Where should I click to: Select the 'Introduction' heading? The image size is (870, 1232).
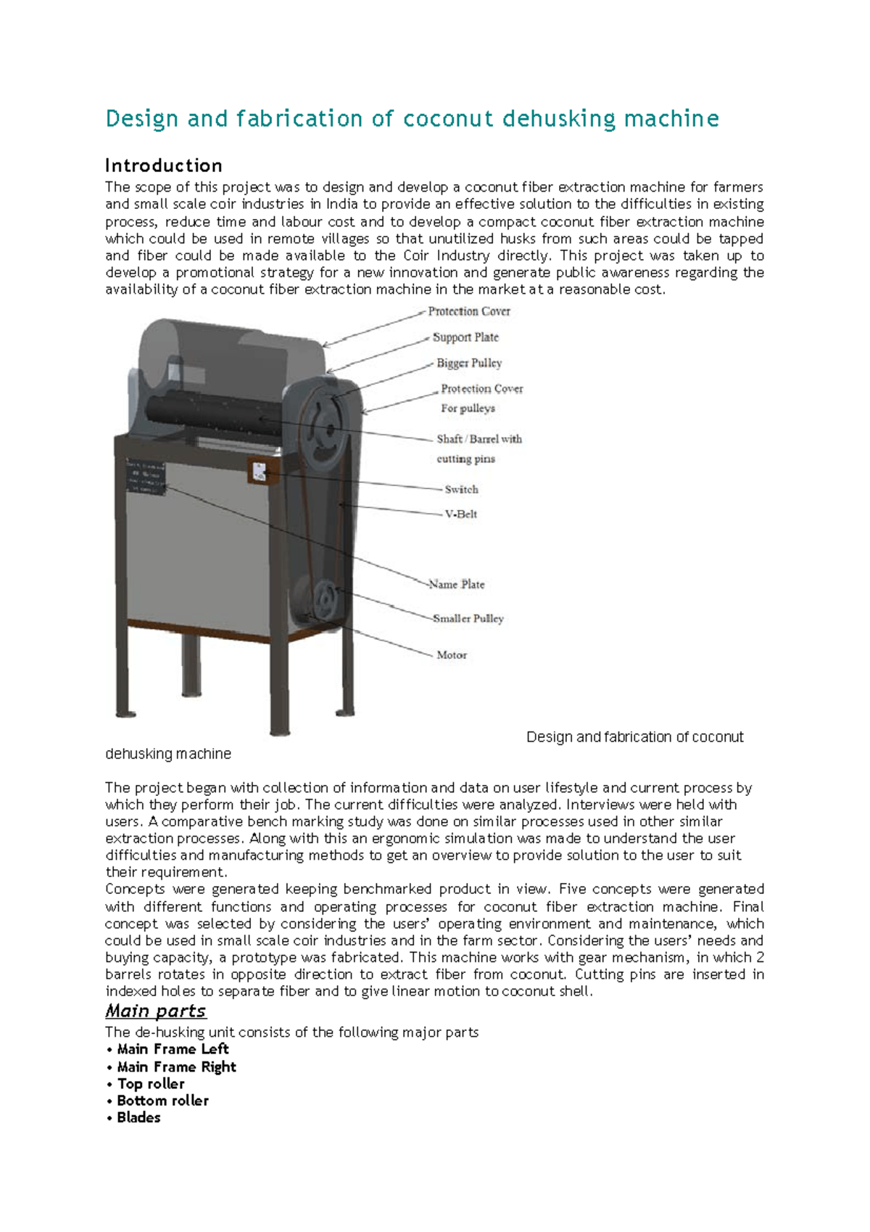click(164, 165)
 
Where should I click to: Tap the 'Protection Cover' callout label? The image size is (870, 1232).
click(469, 311)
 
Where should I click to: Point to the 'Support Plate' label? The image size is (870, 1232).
click(465, 337)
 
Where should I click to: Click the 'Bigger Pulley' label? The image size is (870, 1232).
click(469, 363)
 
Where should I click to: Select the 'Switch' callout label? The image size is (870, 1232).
click(461, 490)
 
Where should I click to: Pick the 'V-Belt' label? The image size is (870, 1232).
click(461, 514)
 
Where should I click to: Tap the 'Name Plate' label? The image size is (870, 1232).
click(457, 584)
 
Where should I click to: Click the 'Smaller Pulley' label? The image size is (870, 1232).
click(468, 619)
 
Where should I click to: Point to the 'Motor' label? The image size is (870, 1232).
click(452, 655)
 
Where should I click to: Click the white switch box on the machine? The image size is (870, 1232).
click(260, 472)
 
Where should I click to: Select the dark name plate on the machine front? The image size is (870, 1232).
click(146, 477)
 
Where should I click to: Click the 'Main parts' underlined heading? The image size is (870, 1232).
click(156, 1011)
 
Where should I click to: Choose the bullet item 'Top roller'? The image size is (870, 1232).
click(151, 1084)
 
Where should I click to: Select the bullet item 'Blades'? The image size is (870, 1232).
click(138, 1118)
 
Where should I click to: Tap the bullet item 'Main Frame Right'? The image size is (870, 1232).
click(176, 1067)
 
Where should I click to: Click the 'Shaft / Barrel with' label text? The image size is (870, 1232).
click(479, 439)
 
